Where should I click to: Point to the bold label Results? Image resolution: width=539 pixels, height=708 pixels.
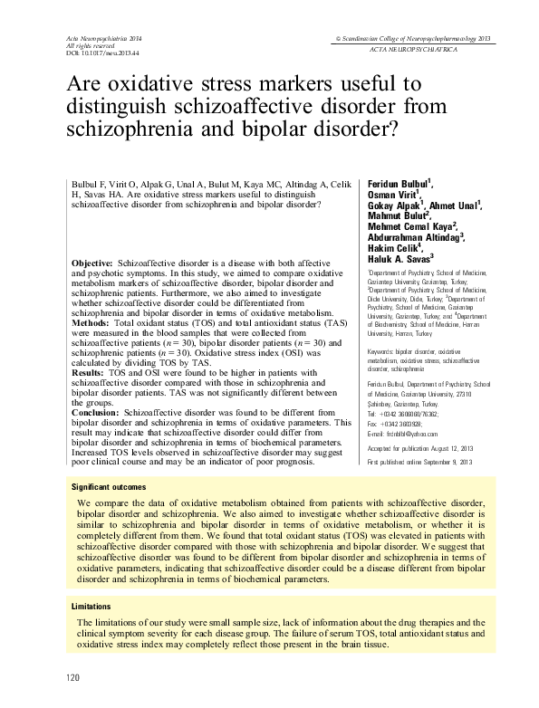point(87,372)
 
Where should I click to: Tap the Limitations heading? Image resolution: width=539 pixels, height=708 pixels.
point(95,605)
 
